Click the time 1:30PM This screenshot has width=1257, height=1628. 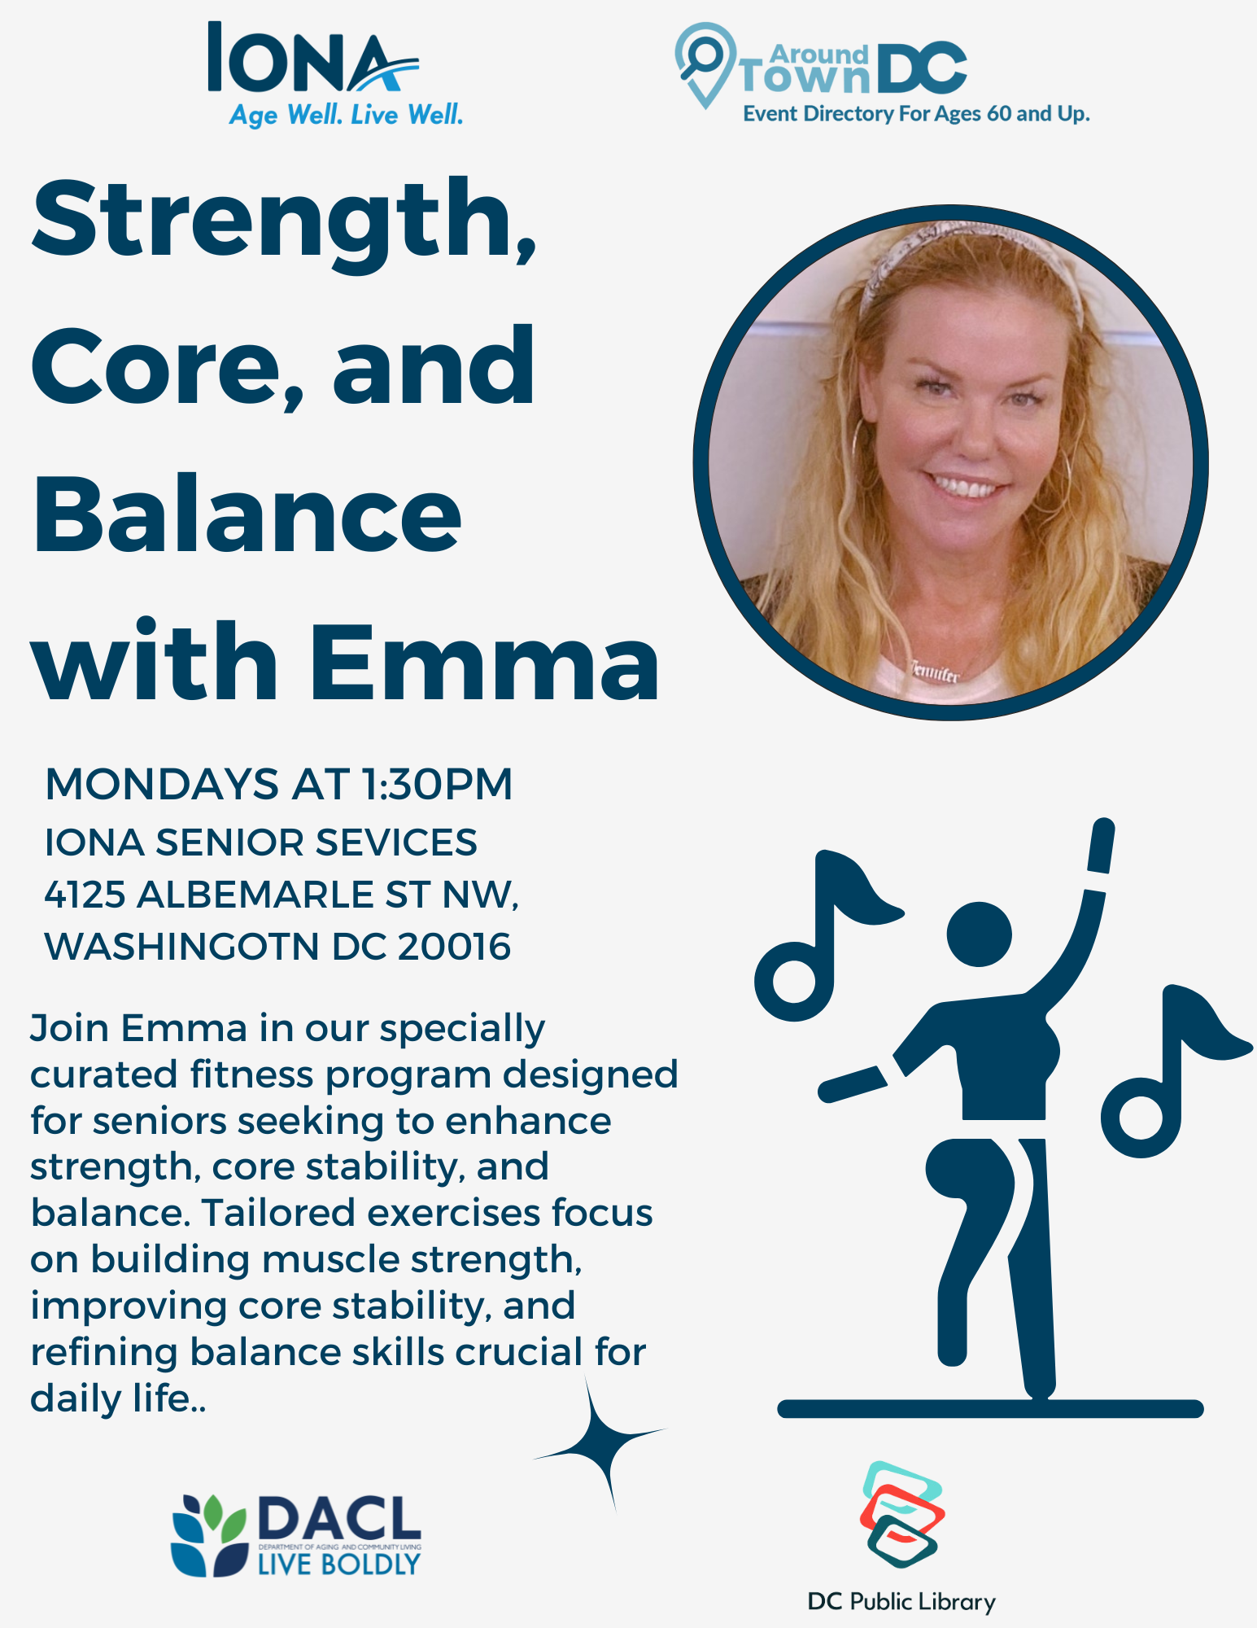[437, 784]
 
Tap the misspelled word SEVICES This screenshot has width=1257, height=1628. [397, 842]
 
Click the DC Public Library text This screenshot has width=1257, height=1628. [901, 1602]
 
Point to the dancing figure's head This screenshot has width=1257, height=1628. [980, 934]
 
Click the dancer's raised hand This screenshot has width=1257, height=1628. [1101, 846]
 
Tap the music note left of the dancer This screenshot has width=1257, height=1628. [822, 936]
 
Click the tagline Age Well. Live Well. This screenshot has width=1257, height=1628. [346, 115]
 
